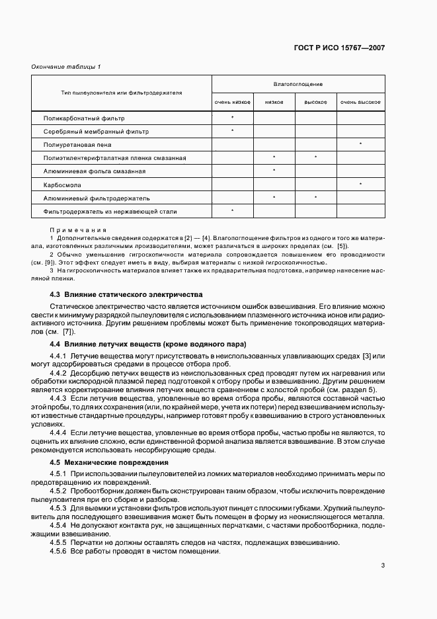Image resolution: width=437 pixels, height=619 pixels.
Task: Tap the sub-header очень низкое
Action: (232, 102)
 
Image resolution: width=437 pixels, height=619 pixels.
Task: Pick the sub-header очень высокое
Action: (360, 102)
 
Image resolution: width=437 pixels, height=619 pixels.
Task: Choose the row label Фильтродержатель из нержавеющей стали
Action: (110, 211)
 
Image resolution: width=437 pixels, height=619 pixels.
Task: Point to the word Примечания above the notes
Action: (73, 229)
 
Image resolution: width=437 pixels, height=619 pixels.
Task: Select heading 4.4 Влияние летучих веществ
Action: (148, 344)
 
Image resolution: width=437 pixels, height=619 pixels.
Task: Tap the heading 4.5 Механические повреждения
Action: (109, 462)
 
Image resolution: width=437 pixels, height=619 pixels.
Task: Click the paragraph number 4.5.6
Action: (58, 552)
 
